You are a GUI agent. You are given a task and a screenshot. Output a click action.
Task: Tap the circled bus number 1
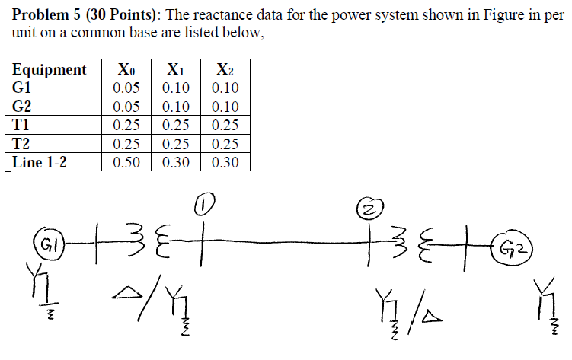(206, 203)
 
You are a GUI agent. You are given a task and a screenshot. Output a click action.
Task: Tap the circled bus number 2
(370, 207)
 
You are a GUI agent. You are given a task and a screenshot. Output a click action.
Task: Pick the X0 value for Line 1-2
(126, 161)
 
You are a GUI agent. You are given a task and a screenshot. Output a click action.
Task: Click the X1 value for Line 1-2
(176, 161)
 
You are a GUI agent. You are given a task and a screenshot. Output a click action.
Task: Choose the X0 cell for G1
(126, 88)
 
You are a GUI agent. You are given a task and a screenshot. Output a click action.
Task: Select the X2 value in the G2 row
(225, 106)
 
